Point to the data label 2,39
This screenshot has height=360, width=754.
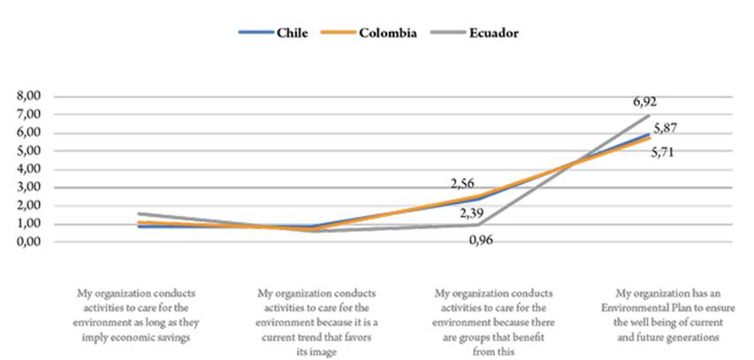pos(473,212)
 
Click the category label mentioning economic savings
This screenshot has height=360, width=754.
pos(141,313)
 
